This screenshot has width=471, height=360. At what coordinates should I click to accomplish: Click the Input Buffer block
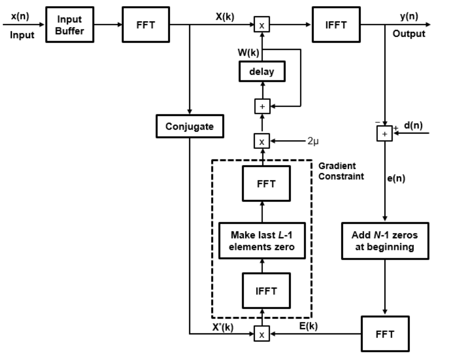click(69, 25)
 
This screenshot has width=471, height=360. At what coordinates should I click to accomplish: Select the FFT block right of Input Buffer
click(146, 25)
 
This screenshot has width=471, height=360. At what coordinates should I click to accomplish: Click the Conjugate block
click(189, 126)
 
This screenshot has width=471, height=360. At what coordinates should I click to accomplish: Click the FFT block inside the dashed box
click(266, 184)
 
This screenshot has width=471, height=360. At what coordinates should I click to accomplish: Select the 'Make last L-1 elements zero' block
click(261, 241)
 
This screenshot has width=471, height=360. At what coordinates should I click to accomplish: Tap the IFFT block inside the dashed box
click(266, 291)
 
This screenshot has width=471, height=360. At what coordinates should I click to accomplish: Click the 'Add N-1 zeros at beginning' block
click(384, 241)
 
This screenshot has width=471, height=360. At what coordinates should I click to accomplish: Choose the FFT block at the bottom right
click(384, 334)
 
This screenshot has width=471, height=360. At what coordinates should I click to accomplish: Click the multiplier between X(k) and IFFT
click(261, 25)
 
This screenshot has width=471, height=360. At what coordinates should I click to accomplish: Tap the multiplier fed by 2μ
click(261, 141)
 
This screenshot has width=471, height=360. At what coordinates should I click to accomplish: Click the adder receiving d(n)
click(384, 135)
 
